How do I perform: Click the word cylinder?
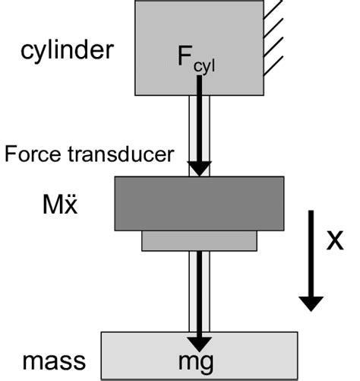(68, 52)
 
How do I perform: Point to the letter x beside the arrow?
(334, 241)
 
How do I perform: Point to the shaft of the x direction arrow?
(310, 251)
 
